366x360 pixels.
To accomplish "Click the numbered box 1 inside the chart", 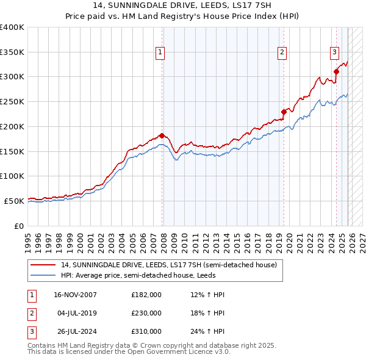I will tap(160, 53).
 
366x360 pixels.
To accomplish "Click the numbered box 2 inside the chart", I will tap(282, 53).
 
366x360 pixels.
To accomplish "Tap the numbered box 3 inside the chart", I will tap(335, 53).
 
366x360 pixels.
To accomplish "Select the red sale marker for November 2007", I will tap(162, 135).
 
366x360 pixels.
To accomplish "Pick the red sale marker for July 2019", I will tap(284, 112).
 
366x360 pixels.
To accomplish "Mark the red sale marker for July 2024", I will tap(336, 72).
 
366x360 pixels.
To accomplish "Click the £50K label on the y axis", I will tap(14, 201).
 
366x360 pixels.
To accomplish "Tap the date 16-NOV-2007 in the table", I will tap(75, 295).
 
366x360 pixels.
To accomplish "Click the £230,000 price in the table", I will tap(146, 313).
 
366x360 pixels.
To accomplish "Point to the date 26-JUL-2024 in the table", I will tap(75, 331).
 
